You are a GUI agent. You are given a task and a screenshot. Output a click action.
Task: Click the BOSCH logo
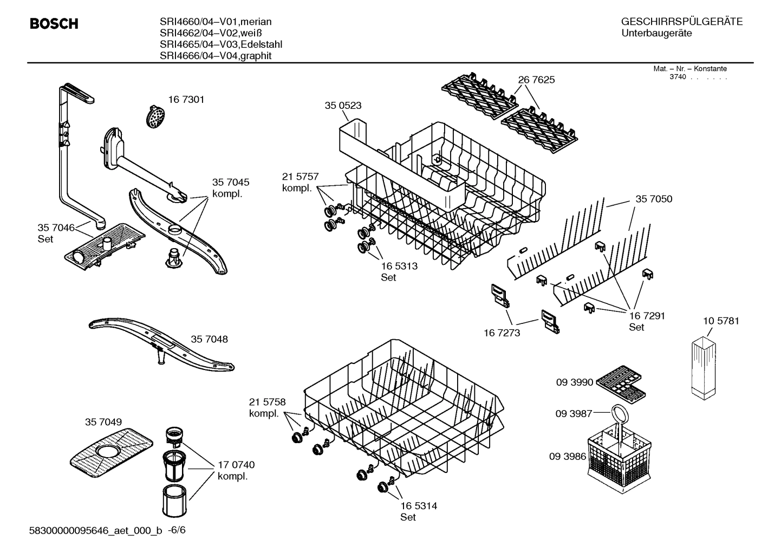[54, 24]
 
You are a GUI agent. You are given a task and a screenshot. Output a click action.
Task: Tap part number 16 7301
[186, 100]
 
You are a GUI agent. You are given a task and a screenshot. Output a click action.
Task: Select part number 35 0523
[343, 106]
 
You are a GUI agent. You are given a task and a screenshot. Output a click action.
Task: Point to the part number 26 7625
[536, 80]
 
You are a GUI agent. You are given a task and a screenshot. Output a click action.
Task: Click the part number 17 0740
[236, 465]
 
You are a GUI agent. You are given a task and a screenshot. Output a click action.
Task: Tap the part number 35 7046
[56, 228]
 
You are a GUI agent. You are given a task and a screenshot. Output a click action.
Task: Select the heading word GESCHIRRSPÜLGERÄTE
[681, 22]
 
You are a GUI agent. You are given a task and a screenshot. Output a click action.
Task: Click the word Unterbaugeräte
[656, 34]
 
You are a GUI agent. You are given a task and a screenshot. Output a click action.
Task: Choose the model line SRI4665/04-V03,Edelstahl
[221, 44]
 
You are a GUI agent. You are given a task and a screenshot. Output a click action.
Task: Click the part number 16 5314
[419, 506]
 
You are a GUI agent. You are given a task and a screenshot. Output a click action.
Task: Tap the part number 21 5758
[267, 402]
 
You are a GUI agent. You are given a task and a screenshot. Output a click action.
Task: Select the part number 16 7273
[502, 333]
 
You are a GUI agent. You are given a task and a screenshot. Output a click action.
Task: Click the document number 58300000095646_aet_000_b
[95, 530]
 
